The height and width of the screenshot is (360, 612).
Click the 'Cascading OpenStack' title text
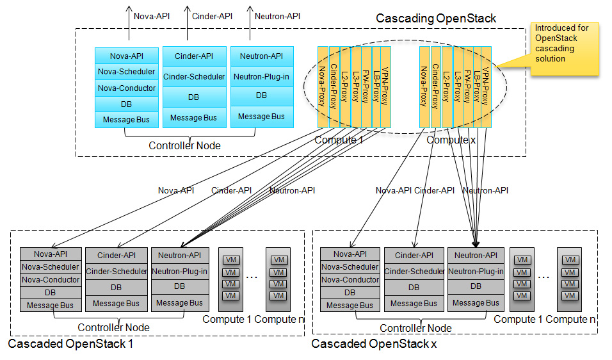435,18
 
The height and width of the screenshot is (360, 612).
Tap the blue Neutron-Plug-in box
261,76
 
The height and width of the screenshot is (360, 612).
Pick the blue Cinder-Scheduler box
194,77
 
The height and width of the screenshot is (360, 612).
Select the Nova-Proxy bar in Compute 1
323,86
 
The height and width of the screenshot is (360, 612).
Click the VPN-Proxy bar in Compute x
487,86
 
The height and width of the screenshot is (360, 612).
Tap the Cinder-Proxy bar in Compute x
435,86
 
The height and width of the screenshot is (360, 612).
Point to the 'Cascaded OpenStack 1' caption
70,344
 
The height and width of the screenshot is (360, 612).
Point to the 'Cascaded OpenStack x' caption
374,344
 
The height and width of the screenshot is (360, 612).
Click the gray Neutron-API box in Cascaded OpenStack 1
179,255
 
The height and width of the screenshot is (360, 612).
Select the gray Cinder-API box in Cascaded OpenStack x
414,255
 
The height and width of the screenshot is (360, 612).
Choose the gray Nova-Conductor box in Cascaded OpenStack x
350,279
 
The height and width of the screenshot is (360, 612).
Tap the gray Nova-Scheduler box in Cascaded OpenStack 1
51,267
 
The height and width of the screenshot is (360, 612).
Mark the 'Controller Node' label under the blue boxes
184,145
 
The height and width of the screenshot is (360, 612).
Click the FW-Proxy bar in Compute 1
366,86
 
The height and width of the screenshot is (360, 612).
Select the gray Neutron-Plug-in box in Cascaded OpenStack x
476,271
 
